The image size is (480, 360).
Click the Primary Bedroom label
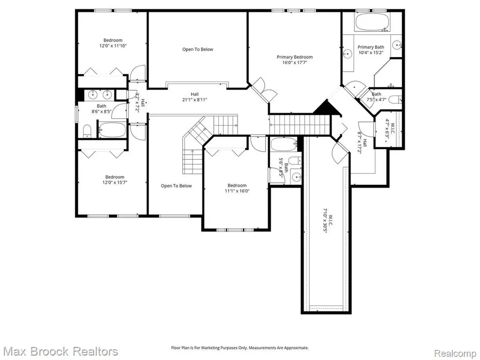[x=294, y=57]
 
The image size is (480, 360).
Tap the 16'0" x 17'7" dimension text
[x=294, y=63]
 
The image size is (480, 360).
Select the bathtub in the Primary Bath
[x=372, y=22]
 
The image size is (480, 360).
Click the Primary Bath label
[x=371, y=47]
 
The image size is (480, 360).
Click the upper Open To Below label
[x=197, y=49]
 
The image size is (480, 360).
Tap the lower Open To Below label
[x=176, y=186]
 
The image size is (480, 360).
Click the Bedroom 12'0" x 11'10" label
[x=113, y=43]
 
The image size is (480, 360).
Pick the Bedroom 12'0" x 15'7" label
[x=115, y=180]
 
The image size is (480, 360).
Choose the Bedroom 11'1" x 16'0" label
[x=237, y=188]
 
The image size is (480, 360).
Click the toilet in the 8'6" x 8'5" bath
[x=87, y=131]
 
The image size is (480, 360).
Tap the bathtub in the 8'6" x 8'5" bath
[x=112, y=130]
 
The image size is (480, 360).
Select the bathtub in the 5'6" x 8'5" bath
[x=284, y=144]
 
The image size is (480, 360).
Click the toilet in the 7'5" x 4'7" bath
[x=397, y=99]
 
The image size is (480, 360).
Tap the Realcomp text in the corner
[x=456, y=353]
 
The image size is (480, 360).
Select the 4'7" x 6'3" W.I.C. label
[x=390, y=129]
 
